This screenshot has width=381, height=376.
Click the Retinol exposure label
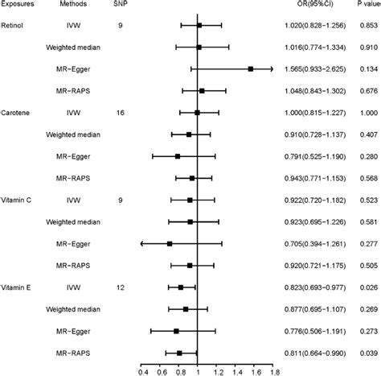tap(14, 26)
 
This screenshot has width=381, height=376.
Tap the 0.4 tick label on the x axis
tap(142, 371)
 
